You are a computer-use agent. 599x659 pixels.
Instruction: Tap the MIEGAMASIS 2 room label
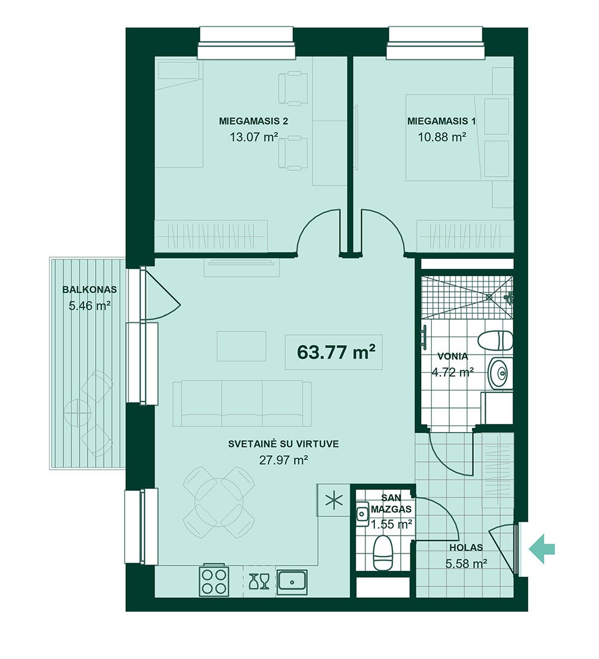tap(253, 122)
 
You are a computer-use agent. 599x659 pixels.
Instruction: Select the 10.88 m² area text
tap(442, 137)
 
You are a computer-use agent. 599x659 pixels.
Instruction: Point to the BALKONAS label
tap(89, 289)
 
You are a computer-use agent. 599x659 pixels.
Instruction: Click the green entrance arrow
tap(542, 548)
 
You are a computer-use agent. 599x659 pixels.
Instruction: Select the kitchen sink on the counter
tap(292, 582)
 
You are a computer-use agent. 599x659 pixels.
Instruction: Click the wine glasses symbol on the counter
tap(259, 582)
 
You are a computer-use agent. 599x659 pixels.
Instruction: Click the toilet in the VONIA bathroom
tap(496, 340)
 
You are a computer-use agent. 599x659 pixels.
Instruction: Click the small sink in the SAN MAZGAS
tap(361, 513)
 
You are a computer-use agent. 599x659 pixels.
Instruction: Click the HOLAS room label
tap(466, 548)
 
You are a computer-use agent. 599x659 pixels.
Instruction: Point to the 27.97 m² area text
tap(284, 460)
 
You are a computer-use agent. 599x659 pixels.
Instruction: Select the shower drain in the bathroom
tap(489, 297)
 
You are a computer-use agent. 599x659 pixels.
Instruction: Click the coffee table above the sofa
tap(242, 346)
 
